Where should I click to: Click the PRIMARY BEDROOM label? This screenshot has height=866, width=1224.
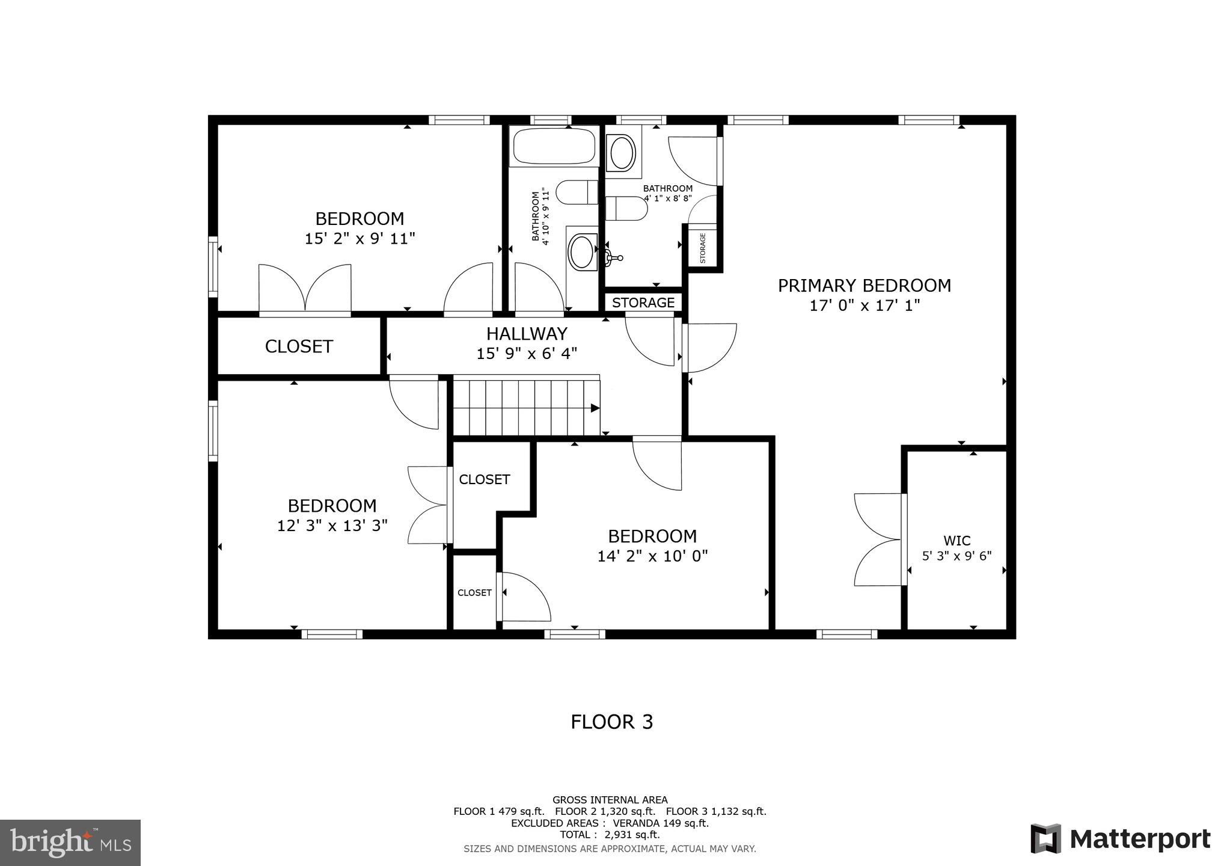coord(864,286)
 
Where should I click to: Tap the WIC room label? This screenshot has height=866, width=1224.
coord(956,541)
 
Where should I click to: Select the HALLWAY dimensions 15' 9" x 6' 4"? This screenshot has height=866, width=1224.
coord(527,354)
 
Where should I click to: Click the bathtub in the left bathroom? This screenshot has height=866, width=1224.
coord(553,146)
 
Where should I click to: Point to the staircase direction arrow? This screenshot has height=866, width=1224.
coord(594,408)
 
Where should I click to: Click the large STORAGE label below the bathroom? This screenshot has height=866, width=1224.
coord(643,302)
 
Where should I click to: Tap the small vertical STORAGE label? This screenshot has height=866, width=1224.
coord(702,248)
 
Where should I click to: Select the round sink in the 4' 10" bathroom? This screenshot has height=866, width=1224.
coord(581,251)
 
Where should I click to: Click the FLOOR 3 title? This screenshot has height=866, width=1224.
coord(611,722)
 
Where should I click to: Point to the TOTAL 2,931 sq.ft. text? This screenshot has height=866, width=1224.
coord(610,835)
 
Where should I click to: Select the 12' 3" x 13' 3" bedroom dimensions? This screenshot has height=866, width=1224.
coord(332,526)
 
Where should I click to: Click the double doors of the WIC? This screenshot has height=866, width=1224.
coord(879,539)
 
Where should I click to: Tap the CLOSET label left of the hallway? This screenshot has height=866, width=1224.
coord(299,346)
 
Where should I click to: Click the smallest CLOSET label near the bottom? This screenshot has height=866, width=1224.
coord(474,593)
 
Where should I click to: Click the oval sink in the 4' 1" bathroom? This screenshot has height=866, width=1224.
coord(622,153)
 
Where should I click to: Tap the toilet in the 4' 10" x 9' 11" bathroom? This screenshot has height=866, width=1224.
coord(575,193)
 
